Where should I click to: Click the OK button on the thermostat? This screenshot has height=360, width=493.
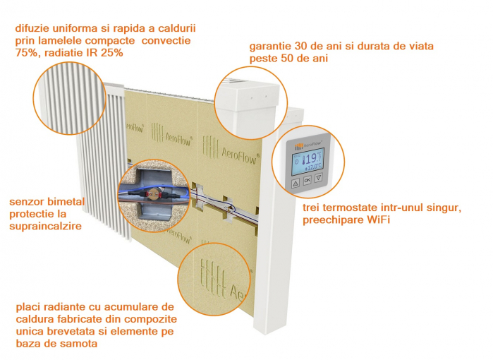308,180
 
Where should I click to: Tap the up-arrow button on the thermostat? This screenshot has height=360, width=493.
296,184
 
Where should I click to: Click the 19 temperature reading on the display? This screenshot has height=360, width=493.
310,159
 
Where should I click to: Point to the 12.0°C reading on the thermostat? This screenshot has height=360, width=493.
313,167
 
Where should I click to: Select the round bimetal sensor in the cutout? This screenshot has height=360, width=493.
154,195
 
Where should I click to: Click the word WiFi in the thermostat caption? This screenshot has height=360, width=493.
379,220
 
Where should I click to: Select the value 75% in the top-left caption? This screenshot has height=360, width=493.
26,52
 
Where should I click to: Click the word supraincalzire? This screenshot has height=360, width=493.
45,227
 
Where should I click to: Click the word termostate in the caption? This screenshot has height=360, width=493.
350,208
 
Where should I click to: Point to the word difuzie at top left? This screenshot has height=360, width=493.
32,28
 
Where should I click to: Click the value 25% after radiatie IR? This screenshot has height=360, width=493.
112,52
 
